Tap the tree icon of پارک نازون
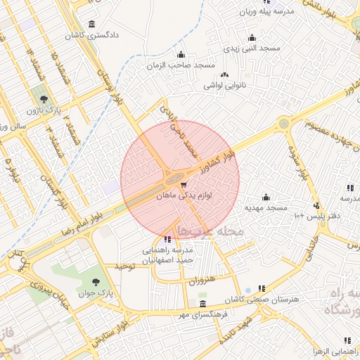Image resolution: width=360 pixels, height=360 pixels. point(44,99)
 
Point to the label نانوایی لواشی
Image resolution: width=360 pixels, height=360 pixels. point(224,85)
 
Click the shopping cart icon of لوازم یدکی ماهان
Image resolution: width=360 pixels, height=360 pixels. point(184,186)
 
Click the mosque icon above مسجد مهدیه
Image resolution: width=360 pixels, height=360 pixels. point(266,197)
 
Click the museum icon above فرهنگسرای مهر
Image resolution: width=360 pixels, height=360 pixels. point(203,304)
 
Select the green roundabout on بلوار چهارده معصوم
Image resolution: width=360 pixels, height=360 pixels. point(283,123)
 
